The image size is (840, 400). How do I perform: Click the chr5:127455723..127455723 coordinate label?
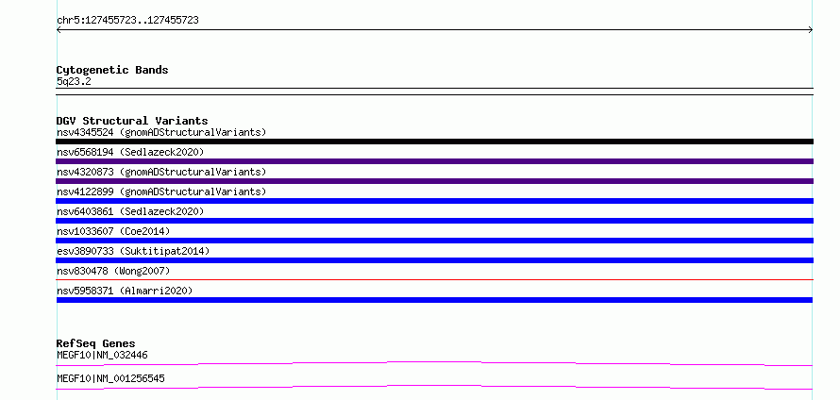pos(127,21)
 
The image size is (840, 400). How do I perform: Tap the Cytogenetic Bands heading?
pos(112,70)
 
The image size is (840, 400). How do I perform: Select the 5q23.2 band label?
pos(74,82)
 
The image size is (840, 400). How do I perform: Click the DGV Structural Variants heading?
pos(132,121)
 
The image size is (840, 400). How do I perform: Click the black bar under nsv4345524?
pos(434,142)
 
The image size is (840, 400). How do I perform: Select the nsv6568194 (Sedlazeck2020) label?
pos(130,152)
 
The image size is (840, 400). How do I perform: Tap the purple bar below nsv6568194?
pos(434,161)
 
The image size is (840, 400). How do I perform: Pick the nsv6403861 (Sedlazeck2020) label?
pos(130,211)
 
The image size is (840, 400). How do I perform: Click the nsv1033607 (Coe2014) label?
pos(113,231)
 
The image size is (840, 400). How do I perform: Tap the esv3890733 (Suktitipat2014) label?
pos(133,251)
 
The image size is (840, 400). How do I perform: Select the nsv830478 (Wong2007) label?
pos(113,271)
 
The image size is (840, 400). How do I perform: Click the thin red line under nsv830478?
pos(434,279)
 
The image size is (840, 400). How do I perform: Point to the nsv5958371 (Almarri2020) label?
pos(125,291)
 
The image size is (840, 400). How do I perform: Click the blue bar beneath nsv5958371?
pos(434,300)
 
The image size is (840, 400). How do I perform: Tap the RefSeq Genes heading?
pos(96,343)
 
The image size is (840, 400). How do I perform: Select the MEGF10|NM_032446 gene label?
pos(102,355)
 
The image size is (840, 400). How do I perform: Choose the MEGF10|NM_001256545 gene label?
pos(110,378)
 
